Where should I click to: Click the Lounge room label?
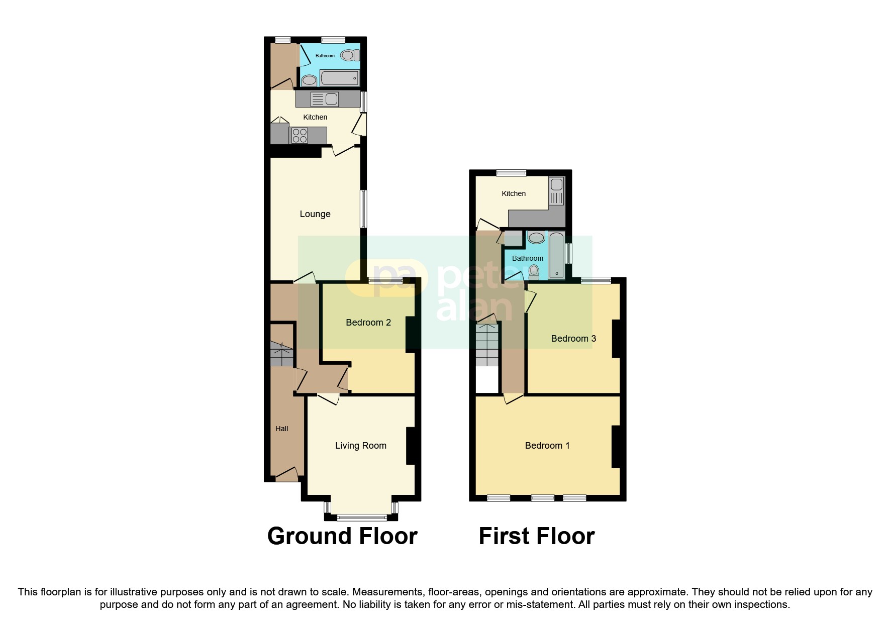pos(315,214)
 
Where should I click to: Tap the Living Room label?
pos(361,446)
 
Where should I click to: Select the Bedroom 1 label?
pos(547,446)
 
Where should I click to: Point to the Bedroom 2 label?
pos(368,323)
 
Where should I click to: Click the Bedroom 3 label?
pos(573,339)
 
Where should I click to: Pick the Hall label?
pos(282,429)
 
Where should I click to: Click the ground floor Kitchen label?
pos(315,117)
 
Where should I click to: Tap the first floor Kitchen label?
pos(514,193)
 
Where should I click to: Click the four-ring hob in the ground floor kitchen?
pos(300,136)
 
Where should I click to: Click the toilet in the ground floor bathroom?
pos(350,55)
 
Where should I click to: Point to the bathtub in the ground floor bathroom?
pos(340,78)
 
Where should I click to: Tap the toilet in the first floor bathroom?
pos(534,272)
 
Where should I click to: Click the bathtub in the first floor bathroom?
pos(557,255)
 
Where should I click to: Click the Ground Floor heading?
pos(342,536)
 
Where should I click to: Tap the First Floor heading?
pos(536,536)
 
